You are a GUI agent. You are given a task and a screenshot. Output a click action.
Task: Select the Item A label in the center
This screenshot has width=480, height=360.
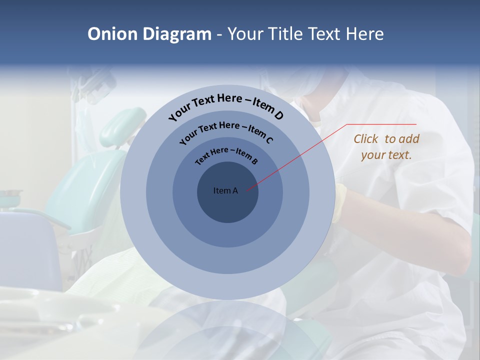tap(225, 190)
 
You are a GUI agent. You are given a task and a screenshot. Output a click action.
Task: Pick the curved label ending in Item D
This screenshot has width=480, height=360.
tap(226, 105)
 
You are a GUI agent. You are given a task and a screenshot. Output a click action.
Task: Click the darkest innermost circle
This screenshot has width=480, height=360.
tap(227, 205)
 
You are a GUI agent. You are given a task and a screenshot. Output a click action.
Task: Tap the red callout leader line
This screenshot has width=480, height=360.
tap(300, 155)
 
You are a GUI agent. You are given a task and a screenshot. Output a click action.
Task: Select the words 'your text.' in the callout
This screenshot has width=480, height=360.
tap(386, 155)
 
